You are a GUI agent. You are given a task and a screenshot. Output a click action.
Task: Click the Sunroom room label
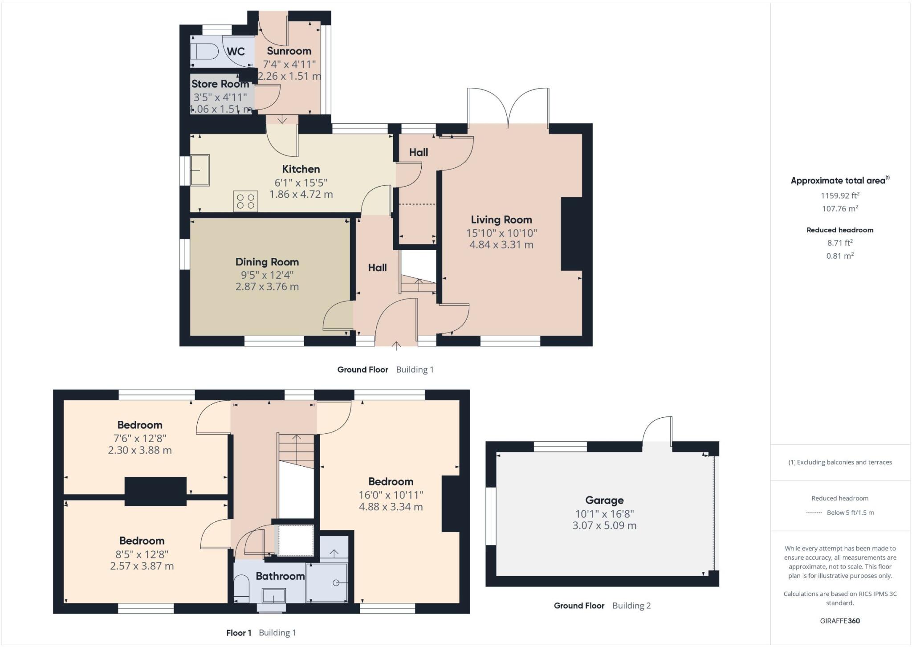tap(289, 51)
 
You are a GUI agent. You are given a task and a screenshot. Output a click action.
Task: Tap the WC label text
tap(236, 52)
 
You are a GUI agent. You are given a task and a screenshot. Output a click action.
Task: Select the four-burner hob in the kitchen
tap(245, 201)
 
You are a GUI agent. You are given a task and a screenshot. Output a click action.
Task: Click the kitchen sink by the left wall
tap(200, 170)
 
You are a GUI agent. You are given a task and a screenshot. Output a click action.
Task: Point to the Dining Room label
tap(267, 262)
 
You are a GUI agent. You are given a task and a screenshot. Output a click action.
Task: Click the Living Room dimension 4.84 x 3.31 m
tap(501, 244)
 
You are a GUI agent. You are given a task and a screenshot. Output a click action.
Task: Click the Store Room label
tap(220, 84)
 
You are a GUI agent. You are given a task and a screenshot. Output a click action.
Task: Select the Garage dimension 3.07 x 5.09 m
tap(604, 525)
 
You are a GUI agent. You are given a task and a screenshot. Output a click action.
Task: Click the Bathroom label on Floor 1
tap(280, 576)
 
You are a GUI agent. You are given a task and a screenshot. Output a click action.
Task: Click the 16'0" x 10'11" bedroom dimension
tap(391, 495)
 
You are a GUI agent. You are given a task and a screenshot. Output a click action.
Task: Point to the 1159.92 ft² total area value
tap(839, 195)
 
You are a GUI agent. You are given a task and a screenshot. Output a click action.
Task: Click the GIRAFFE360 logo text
tap(839, 621)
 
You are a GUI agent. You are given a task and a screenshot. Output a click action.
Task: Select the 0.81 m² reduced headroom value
tap(839, 256)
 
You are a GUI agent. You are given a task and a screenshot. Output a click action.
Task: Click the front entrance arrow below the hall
tap(396, 346)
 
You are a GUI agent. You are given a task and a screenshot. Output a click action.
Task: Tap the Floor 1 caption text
tap(239, 633)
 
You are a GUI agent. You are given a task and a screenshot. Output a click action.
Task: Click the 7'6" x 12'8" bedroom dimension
tap(140, 438)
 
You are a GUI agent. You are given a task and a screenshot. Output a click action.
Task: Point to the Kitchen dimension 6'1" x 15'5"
tap(301, 182)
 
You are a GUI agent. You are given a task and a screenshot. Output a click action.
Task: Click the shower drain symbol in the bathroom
tap(336, 583)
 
